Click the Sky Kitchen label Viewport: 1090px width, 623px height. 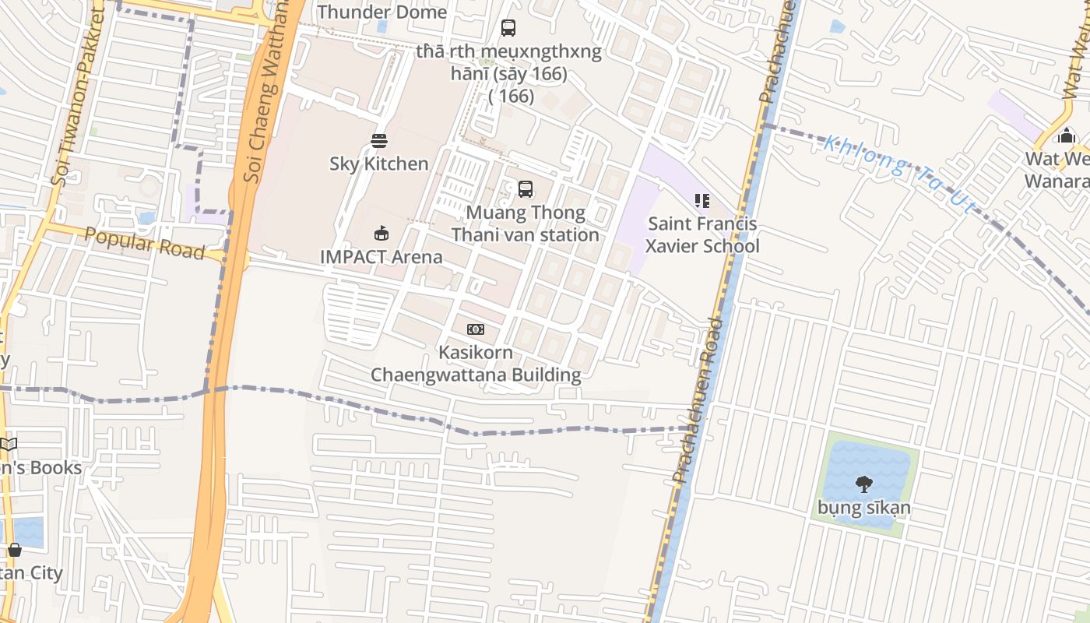tap(378, 164)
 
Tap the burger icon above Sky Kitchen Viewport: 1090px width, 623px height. tap(379, 141)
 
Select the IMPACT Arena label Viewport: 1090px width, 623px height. tap(381, 256)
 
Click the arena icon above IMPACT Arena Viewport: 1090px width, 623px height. tap(381, 233)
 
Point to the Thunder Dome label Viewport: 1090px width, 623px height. tap(381, 12)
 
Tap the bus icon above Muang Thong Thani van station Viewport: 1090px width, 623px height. tap(526, 188)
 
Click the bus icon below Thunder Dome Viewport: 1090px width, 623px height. tap(508, 28)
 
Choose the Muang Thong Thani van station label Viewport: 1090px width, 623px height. tap(526, 224)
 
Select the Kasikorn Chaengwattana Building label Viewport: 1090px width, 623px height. tap(475, 364)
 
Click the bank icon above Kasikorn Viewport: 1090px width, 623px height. tap(475, 329)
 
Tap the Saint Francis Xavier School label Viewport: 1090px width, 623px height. tap(702, 235)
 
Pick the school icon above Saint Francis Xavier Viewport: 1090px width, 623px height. tap(702, 201)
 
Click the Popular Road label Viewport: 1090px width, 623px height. tap(144, 244)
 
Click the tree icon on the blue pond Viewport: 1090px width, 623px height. tap(863, 484)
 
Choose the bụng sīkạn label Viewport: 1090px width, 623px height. tap(863, 509)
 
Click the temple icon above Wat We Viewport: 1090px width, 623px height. tap(1065, 136)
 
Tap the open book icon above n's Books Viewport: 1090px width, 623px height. tap(8, 445)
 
